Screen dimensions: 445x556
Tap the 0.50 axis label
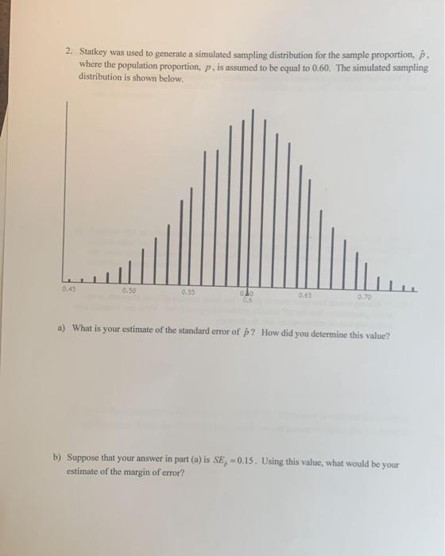129,292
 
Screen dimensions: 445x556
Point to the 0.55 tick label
188,293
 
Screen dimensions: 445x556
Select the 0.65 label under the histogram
305,295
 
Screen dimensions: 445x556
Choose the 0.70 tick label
364,295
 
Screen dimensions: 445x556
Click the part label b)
57,459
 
